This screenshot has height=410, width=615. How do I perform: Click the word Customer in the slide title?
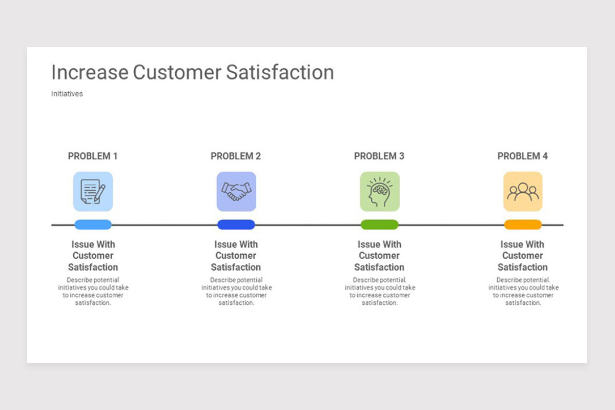[177, 72]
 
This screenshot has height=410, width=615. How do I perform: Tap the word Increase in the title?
[90, 72]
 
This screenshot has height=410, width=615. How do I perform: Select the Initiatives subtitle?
[67, 94]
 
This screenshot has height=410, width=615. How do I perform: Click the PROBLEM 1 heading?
[93, 156]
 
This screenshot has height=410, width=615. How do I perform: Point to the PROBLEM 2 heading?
[236, 156]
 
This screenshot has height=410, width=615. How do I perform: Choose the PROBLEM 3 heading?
[379, 156]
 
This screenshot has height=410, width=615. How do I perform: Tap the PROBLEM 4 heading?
[522, 156]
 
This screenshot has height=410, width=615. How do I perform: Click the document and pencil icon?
[93, 191]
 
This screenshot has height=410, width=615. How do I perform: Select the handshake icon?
[236, 191]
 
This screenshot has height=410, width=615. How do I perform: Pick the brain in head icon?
[380, 191]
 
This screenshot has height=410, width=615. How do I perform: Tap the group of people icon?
[523, 191]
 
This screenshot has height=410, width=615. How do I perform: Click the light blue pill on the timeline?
[93, 224]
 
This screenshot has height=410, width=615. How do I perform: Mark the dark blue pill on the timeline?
[236, 224]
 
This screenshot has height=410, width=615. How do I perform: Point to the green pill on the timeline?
[379, 224]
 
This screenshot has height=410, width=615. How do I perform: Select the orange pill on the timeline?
[523, 224]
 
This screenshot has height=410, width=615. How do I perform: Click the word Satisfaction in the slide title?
[280, 72]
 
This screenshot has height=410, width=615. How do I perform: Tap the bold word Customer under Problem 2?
[236, 256]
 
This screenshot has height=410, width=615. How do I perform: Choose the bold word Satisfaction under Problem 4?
[523, 267]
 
